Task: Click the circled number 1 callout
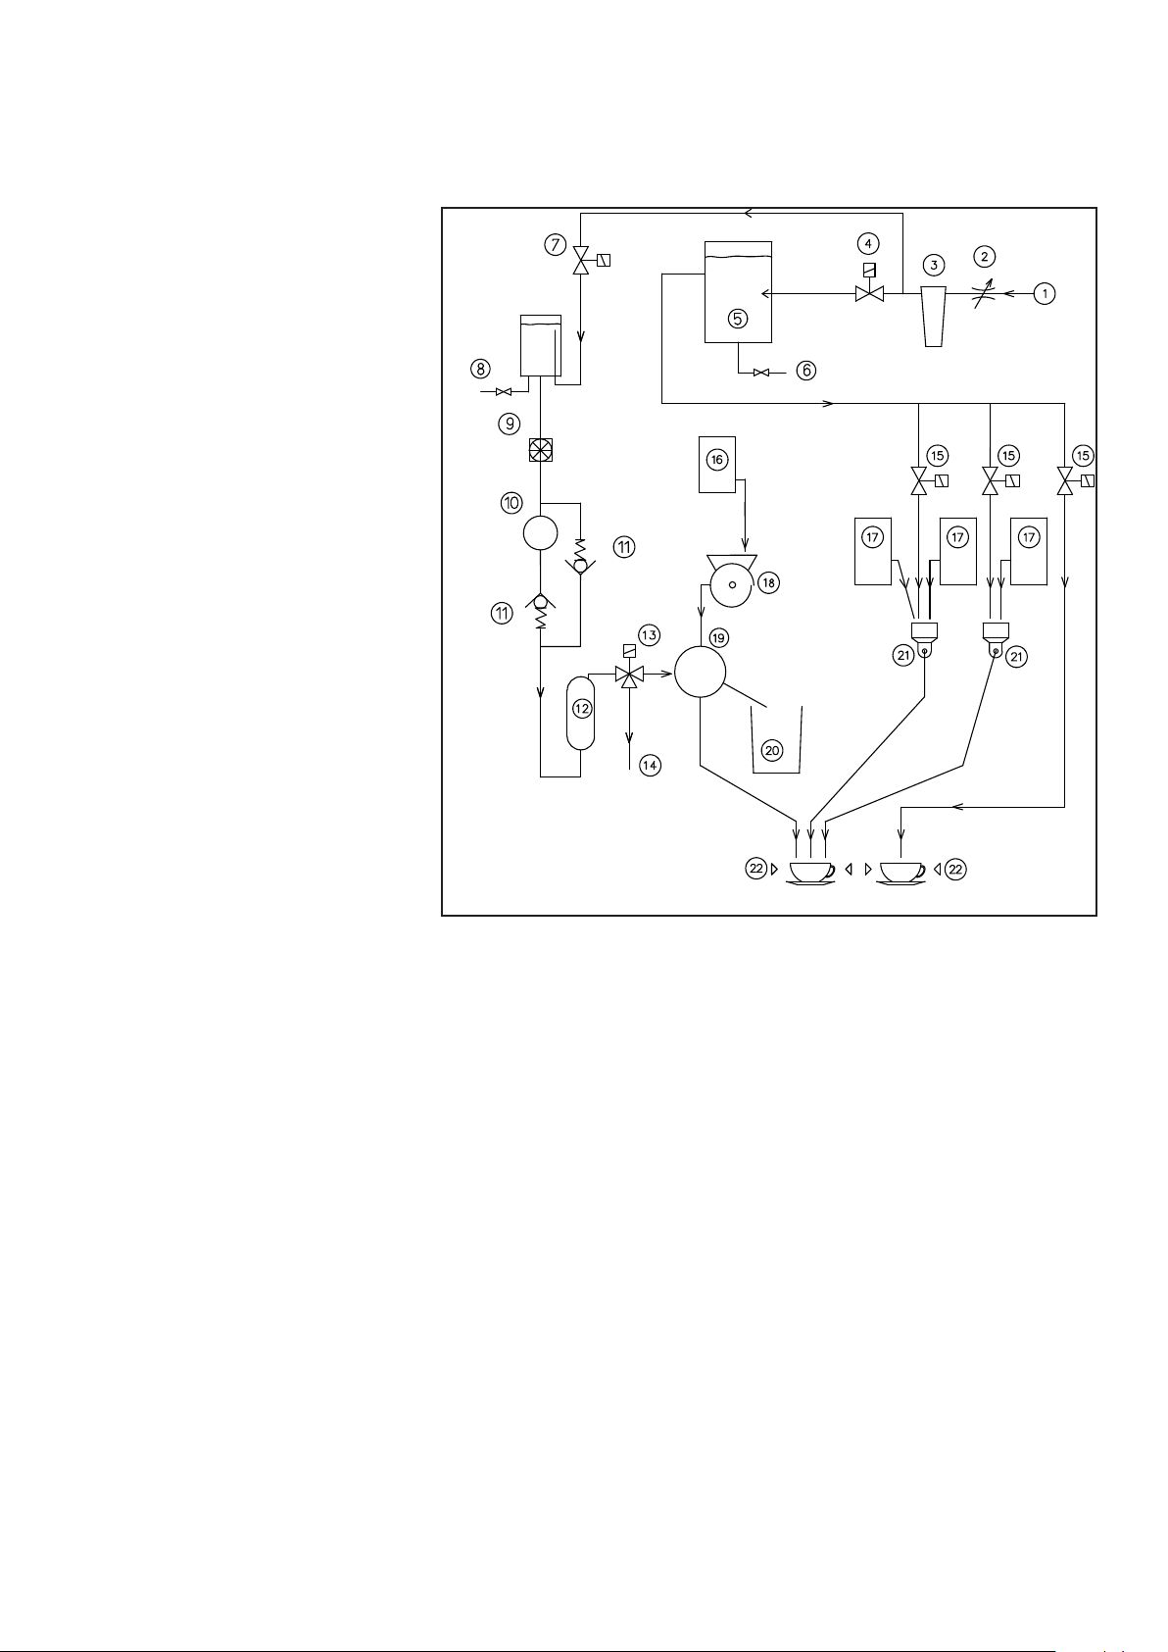pos(1045,293)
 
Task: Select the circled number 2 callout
pos(984,257)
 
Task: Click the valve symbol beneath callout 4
pos(869,293)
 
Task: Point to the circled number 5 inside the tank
pos(738,318)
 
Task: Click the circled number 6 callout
pos(805,371)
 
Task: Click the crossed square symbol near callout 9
pos(541,450)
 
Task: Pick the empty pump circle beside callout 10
pos(541,532)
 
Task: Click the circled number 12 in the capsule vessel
pos(581,708)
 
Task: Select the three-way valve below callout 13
pos(629,675)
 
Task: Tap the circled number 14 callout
pos(650,766)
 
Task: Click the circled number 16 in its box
pos(717,460)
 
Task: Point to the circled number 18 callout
pos(769,582)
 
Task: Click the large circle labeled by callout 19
pos(700,672)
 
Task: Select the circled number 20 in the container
pos(772,750)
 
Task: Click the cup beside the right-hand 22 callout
pos(901,871)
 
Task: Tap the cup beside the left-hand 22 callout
pos(811,871)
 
